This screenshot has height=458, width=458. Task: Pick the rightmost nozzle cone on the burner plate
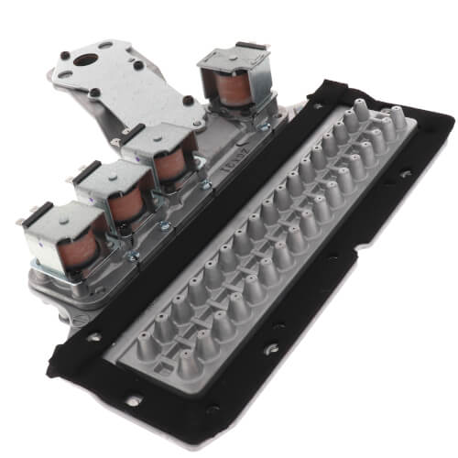coord(398,114)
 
